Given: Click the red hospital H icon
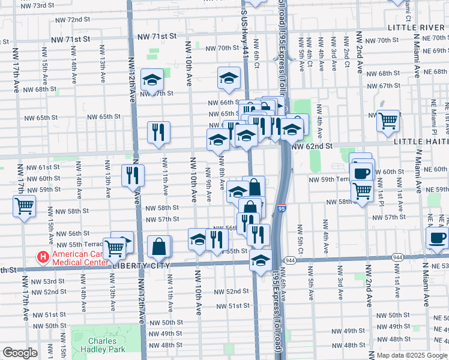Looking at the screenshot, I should click(x=43, y=258).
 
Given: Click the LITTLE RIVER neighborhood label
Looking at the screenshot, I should click(x=417, y=28).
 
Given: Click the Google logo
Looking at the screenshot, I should click(x=20, y=353).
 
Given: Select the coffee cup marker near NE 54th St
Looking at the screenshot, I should click(x=437, y=237).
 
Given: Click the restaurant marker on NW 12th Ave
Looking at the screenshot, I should click(x=133, y=175).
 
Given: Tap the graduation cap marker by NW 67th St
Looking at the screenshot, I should click(x=152, y=79).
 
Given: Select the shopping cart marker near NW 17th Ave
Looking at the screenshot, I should click(x=25, y=206).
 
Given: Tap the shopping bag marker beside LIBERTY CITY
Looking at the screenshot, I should click(x=158, y=246).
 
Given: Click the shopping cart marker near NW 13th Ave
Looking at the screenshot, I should click(x=113, y=247).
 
